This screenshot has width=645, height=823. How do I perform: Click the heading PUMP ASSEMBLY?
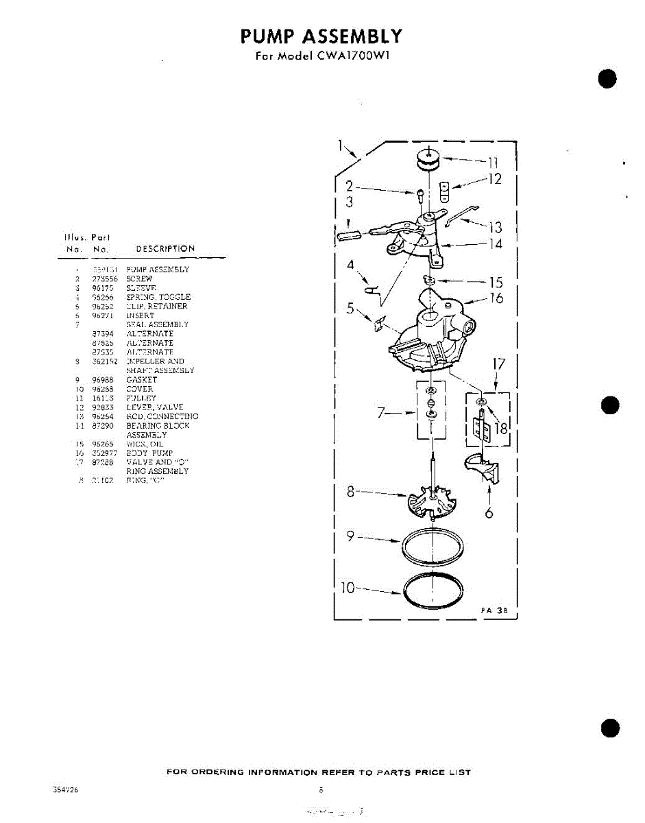pos(321,36)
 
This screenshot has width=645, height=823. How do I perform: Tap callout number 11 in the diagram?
pos(492,163)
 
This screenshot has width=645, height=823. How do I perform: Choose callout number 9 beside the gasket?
pos(350,537)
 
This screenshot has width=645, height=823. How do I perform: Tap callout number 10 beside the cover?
pos(349,588)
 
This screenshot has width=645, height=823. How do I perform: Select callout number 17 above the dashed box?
pos(498,363)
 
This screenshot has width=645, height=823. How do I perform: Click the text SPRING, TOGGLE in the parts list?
pos(158,297)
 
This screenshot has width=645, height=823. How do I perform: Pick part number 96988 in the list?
pos(103,379)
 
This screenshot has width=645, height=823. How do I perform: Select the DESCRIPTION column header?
pos(165,248)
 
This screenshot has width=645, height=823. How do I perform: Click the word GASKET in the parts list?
pos(141,379)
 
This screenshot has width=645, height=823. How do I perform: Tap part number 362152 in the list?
pos(105,361)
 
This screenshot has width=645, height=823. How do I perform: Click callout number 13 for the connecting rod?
pos(495,228)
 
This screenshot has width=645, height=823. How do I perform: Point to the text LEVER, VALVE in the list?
pos(155,407)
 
